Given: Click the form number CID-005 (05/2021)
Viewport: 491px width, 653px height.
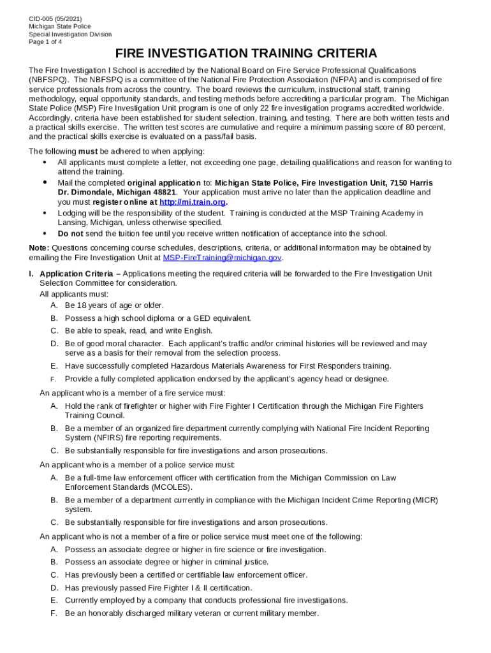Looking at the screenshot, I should pyautogui.click(x=55, y=18).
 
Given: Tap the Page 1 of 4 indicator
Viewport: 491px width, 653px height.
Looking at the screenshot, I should pyautogui.click(x=45, y=42).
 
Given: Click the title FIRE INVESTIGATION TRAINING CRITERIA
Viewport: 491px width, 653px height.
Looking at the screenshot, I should pyautogui.click(x=246, y=54).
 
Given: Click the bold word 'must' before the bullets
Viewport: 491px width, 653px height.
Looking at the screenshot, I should pyautogui.click(x=88, y=151).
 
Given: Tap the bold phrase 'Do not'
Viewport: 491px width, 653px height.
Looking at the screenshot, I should pyautogui.click(x=70, y=233).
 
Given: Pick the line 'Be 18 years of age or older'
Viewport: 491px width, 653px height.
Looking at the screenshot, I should pyautogui.click(x=114, y=305).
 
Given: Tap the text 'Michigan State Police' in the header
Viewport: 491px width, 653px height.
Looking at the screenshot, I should pyautogui.click(x=60, y=26).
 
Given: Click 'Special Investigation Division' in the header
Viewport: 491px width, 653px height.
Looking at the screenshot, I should pyautogui.click(x=70, y=34).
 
